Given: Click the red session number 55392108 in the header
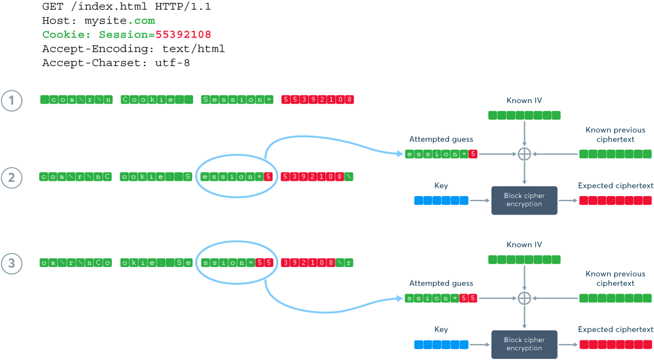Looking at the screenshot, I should pos(183,35).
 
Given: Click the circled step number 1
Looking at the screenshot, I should pos(11,100).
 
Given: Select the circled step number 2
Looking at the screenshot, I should pos(11,177).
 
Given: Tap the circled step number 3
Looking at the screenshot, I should pos(11,264).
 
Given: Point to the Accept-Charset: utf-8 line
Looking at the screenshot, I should pos(116,63).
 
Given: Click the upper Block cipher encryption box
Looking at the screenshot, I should pos(524,200).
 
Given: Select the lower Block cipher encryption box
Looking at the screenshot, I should pos(524,344).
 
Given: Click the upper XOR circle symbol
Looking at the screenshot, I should pos(524,154).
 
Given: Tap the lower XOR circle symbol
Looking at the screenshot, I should pos(524,298).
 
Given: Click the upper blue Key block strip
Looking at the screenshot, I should pos(441,200).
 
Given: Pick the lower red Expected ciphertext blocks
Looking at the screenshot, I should pos(615,344).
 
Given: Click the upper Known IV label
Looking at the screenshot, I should pos(524,101).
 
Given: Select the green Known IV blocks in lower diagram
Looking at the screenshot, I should pos(524,259).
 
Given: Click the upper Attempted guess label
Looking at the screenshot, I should pos(441,139).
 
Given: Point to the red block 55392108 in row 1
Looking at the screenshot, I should pos(318,100).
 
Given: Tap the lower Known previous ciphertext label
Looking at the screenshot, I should pos(615,278).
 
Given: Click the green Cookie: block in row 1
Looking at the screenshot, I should pos(157,100).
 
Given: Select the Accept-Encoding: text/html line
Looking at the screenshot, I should pos(134,49).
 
